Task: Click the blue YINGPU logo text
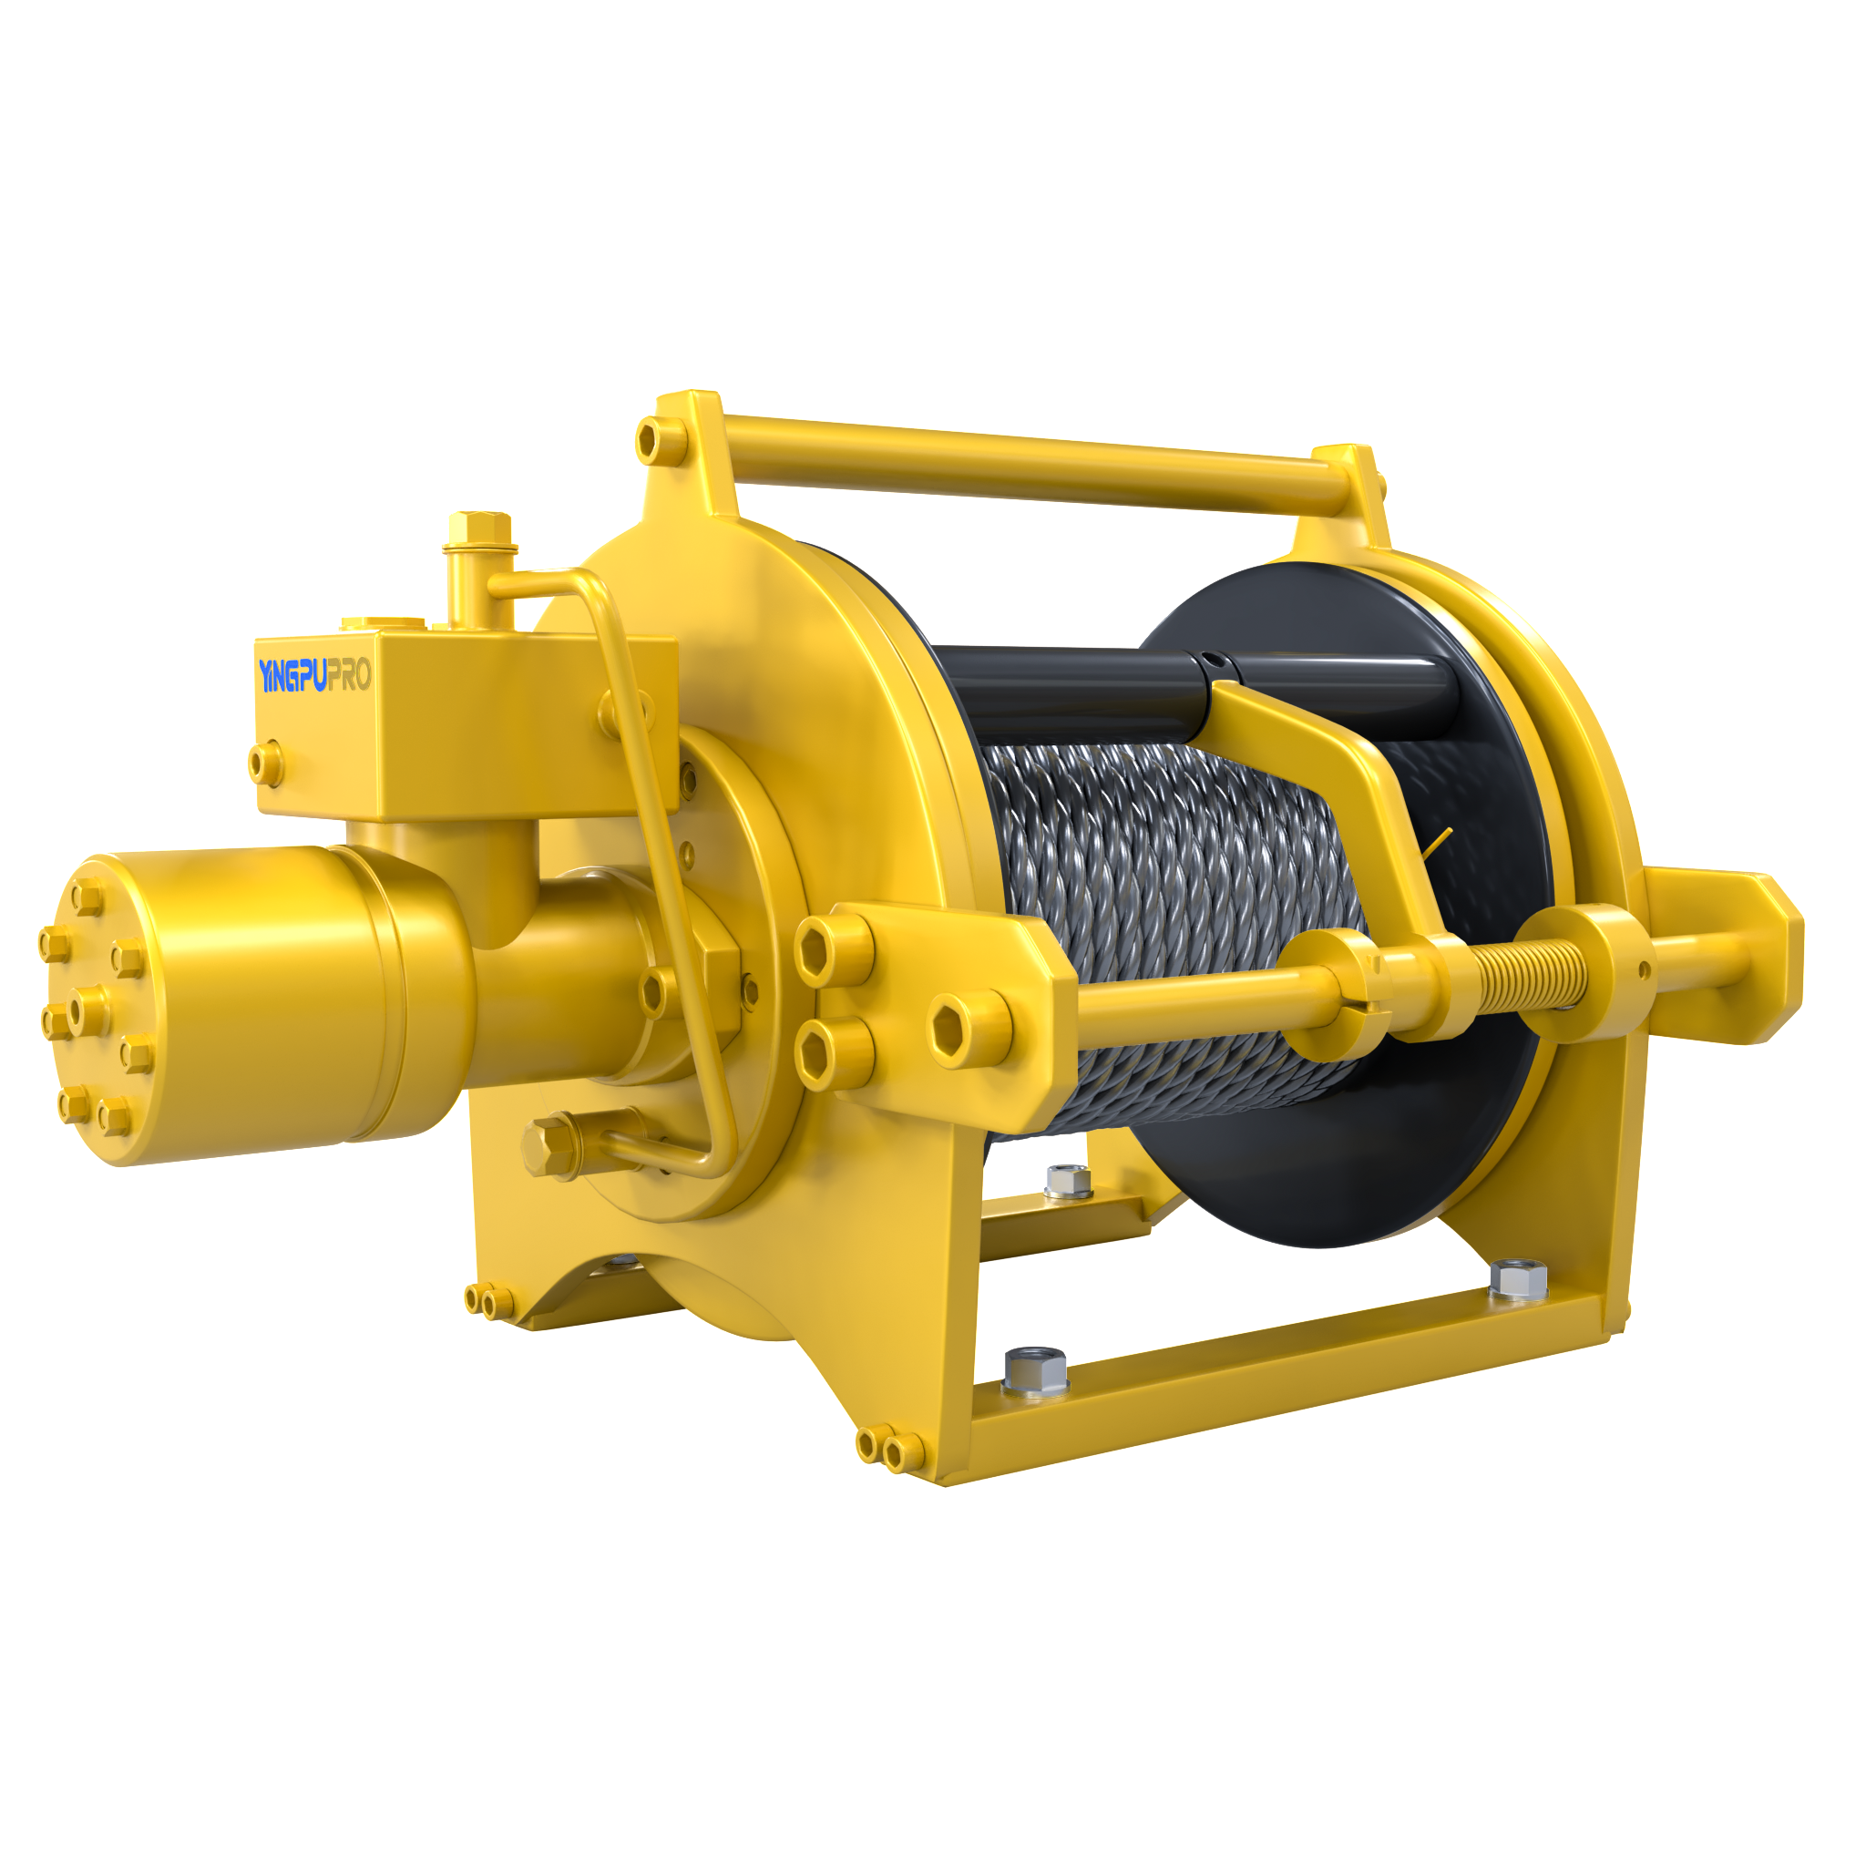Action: coord(292,676)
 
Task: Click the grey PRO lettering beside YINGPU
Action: coord(350,675)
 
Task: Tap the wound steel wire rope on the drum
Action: coord(1169,928)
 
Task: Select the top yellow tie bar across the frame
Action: coord(1033,464)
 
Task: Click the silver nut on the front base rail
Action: coord(1035,1370)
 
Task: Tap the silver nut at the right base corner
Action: coord(1518,1280)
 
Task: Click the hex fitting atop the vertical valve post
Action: coord(479,528)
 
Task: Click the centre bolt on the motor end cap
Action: coord(89,1010)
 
